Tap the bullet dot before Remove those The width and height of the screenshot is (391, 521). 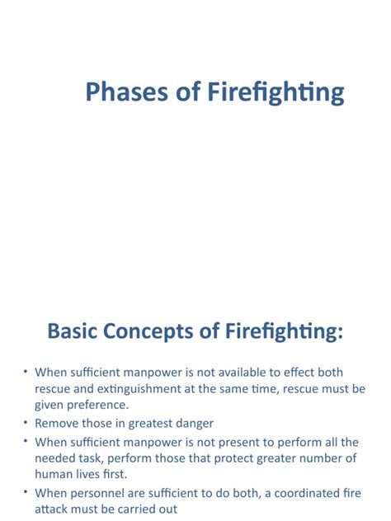25,423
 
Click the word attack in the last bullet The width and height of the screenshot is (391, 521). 52,509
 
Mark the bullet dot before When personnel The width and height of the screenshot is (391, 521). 25,493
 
